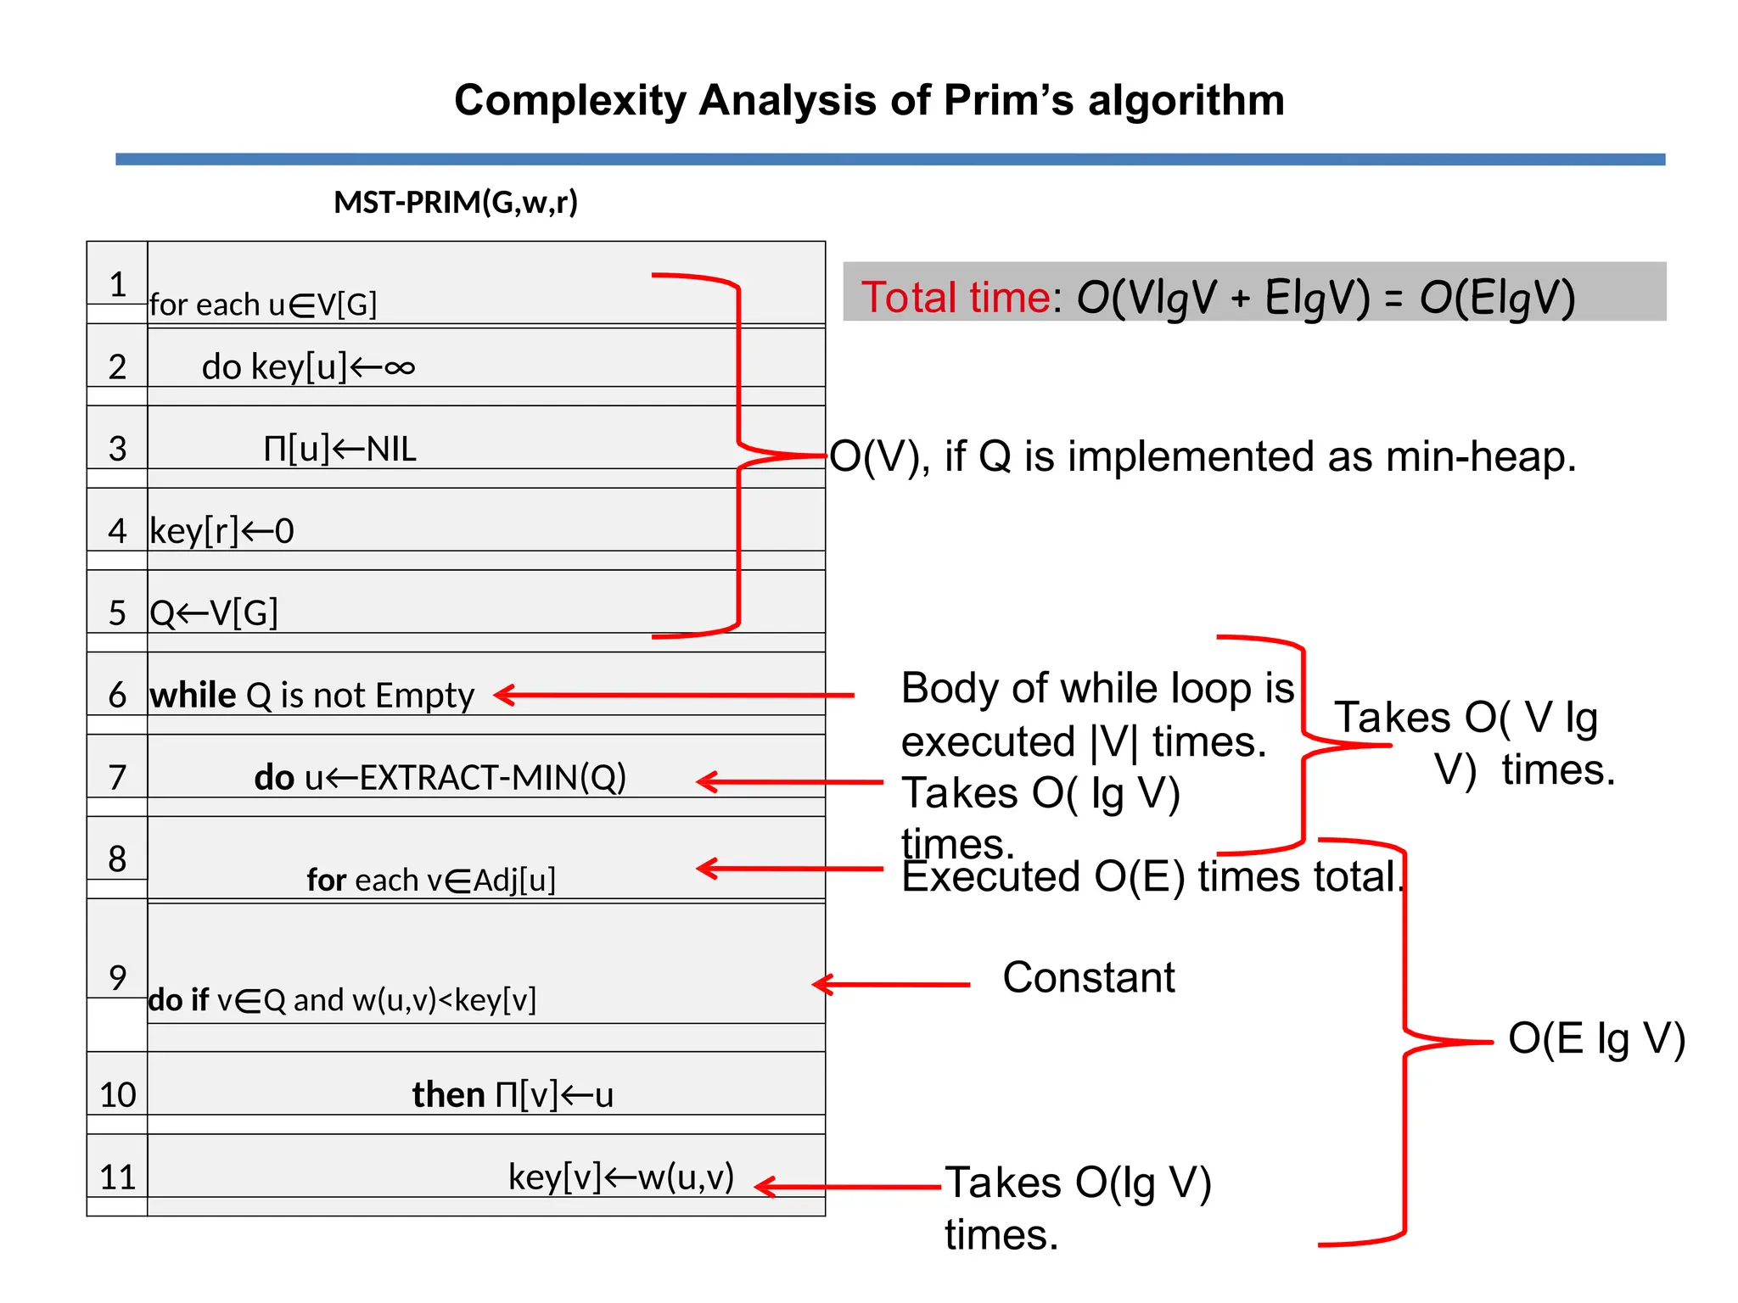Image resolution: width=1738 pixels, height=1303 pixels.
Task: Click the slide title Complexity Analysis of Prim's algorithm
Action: click(869, 100)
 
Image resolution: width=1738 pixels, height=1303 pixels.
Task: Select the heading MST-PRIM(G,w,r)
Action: click(456, 203)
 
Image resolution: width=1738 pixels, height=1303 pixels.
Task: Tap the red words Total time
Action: click(955, 297)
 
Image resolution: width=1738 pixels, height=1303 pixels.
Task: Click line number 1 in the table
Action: click(118, 284)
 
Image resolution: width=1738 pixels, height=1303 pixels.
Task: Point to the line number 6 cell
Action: click(118, 695)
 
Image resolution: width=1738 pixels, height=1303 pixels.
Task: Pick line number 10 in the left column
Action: click(118, 1094)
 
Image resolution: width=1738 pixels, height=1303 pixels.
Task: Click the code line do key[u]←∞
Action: click(308, 366)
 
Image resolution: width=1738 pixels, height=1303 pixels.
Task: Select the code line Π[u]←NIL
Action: click(339, 449)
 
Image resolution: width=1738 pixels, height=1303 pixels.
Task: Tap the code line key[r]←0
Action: click(221, 531)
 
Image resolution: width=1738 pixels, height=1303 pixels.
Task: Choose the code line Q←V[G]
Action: click(214, 612)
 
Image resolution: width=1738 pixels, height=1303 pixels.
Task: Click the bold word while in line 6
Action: click(193, 696)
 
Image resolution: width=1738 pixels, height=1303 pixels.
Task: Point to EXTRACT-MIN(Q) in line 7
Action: click(492, 777)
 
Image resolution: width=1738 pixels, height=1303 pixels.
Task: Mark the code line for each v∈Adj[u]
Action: click(431, 881)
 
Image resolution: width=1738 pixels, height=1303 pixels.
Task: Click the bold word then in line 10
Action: click(448, 1094)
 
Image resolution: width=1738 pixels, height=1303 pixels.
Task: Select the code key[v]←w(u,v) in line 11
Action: click(620, 1177)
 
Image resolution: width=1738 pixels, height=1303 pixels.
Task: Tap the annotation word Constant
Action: click(1089, 977)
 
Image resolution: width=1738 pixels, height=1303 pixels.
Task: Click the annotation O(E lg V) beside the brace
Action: click(1596, 1038)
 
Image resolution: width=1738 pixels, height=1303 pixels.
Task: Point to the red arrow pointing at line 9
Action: click(891, 984)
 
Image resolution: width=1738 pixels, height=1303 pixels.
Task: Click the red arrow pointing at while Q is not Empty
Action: click(675, 695)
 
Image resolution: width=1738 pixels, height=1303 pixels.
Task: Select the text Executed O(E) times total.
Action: click(1150, 877)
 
